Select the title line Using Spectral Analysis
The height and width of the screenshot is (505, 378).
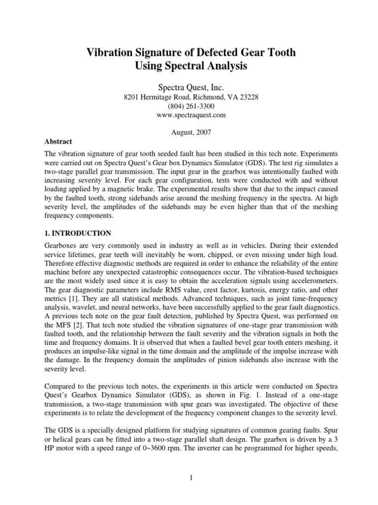pyautogui.click(x=189, y=66)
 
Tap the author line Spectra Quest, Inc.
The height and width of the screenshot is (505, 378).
pyautogui.click(x=189, y=87)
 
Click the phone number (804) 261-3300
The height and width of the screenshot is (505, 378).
pyautogui.click(x=189, y=106)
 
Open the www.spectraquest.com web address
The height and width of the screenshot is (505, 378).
pyautogui.click(x=189, y=115)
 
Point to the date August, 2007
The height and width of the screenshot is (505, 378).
pyautogui.click(x=189, y=133)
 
